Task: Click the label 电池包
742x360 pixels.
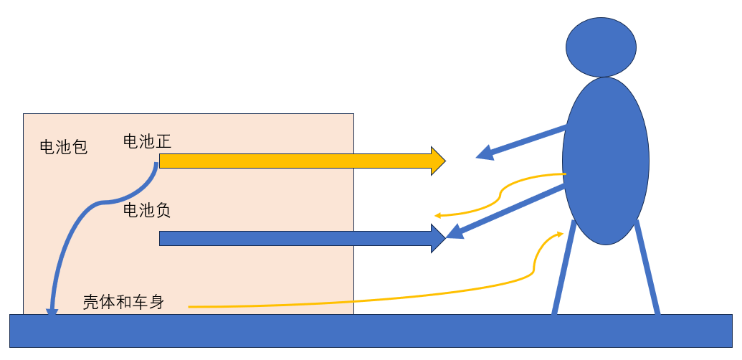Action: [63, 148]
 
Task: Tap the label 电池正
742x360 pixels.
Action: [147, 141]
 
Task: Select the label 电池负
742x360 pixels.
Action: [147, 211]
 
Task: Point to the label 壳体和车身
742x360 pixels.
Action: [123, 303]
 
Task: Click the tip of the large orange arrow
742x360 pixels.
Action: [444, 161]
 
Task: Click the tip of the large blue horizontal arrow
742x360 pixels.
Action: [444, 238]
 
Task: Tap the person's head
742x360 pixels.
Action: [601, 47]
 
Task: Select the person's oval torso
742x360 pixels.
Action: [605, 161]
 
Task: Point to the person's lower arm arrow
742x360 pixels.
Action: [509, 212]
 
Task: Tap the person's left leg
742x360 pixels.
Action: [563, 269]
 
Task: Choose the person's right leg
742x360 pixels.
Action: [647, 269]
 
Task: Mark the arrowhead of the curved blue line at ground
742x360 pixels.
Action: [52, 312]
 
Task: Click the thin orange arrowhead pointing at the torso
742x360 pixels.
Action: [559, 235]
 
